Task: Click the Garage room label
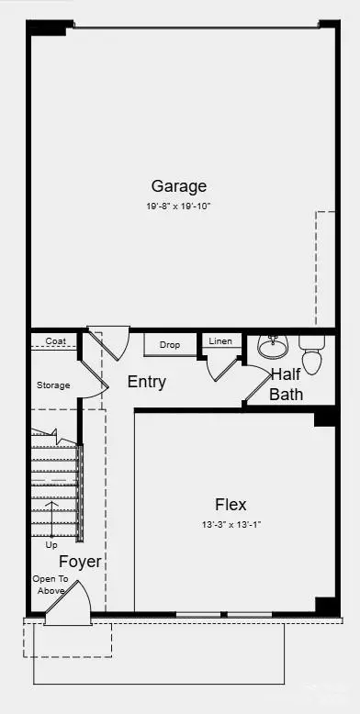click(x=178, y=186)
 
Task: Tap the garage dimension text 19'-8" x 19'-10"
click(x=178, y=206)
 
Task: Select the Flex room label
click(x=231, y=504)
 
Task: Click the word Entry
click(x=146, y=382)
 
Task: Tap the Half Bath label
click(x=287, y=385)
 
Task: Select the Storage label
click(x=52, y=385)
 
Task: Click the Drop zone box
click(x=170, y=345)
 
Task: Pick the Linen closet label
click(x=221, y=341)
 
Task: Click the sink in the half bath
click(x=273, y=346)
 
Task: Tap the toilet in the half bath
click(x=312, y=353)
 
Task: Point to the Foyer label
click(x=81, y=561)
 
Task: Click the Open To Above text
click(x=49, y=585)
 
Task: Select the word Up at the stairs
click(x=51, y=544)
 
